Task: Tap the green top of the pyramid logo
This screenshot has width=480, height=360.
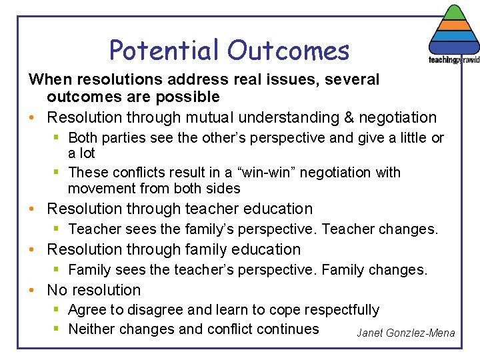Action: [453, 13]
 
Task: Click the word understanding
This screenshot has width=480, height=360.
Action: [285, 118]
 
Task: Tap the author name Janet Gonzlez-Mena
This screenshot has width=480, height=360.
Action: [405, 333]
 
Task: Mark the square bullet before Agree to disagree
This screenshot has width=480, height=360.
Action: [59, 310]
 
